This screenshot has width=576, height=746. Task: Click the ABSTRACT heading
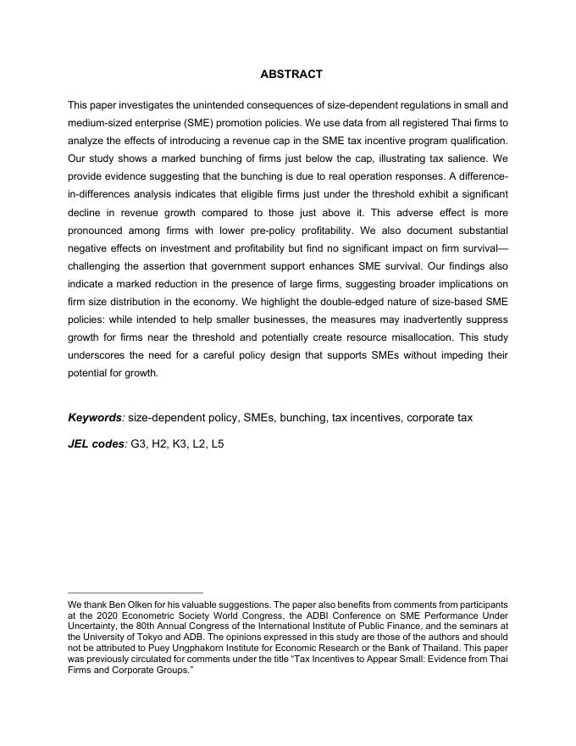pyautogui.click(x=291, y=75)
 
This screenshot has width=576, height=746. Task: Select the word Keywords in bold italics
pyautogui.click(x=95, y=418)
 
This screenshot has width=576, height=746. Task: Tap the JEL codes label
pyautogui.click(x=95, y=443)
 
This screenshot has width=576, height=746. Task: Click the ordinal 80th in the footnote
pyautogui.click(x=150, y=626)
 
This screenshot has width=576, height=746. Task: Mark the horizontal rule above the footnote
pyautogui.click(x=136, y=593)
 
